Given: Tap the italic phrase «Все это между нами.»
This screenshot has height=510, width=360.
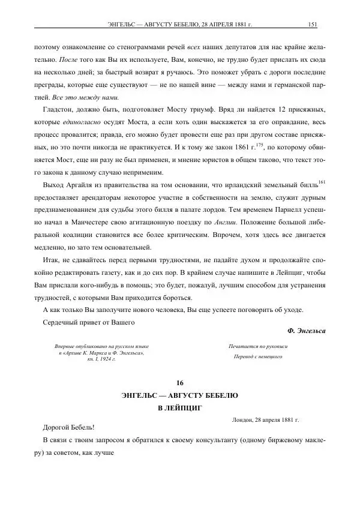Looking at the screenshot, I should pyautogui.click(x=87, y=97).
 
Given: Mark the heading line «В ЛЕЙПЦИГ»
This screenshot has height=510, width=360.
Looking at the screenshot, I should pyautogui.click(x=179, y=407).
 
